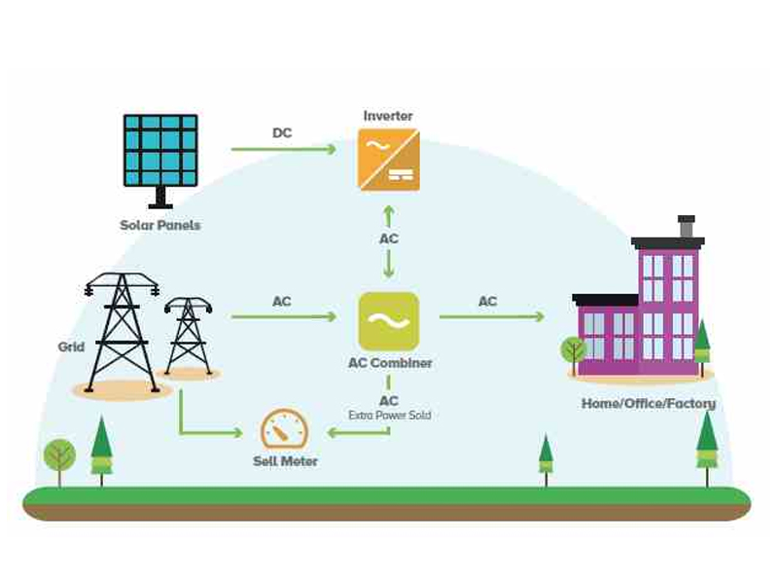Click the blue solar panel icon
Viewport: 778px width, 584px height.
click(x=160, y=151)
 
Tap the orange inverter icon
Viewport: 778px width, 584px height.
click(x=389, y=159)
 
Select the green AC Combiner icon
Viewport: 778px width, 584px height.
click(x=389, y=321)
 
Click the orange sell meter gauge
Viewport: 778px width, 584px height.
click(x=284, y=429)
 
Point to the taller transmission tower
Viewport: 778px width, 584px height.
click(x=123, y=331)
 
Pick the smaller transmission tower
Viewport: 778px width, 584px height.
click(x=188, y=336)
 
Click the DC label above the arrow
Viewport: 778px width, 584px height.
click(x=281, y=133)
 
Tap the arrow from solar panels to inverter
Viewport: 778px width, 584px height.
click(x=283, y=149)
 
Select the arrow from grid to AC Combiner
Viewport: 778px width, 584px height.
click(x=283, y=316)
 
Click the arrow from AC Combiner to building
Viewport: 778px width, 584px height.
click(x=491, y=316)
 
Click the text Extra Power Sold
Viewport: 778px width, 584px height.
click(x=389, y=416)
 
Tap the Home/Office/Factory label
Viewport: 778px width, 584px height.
click(x=648, y=404)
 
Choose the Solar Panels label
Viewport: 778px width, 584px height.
click(x=160, y=226)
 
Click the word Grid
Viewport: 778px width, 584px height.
click(x=71, y=347)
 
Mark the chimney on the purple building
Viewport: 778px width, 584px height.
click(x=687, y=227)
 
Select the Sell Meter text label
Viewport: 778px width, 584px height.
click(x=285, y=461)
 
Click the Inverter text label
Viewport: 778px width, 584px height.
click(x=388, y=116)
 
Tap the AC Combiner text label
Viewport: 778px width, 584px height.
click(x=389, y=363)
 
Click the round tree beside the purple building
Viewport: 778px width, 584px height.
click(x=573, y=349)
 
